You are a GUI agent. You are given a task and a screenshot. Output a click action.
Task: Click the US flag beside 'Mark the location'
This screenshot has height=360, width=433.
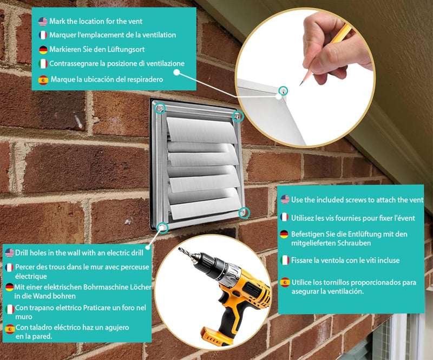(x=43, y=21)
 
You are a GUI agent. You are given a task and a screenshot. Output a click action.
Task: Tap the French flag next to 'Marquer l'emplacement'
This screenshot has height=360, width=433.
(x=43, y=35)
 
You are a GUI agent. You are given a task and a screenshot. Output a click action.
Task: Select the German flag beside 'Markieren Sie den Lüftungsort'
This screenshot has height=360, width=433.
(x=43, y=49)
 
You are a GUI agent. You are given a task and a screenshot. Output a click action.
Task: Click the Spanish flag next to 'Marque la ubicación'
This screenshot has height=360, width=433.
(x=43, y=80)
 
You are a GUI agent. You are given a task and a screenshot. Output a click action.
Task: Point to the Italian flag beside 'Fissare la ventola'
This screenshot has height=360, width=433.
(x=285, y=260)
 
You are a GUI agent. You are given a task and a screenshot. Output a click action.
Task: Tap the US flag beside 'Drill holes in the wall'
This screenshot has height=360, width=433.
(x=9, y=253)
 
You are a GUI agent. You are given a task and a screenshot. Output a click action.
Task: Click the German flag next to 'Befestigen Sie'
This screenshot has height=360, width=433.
(x=285, y=234)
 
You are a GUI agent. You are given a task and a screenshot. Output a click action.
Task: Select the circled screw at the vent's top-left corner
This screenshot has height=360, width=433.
(x=160, y=109)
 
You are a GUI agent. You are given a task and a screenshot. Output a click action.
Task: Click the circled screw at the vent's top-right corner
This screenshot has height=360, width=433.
(x=238, y=116)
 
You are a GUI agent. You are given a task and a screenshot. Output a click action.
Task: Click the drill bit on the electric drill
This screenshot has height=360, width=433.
(x=189, y=256)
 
